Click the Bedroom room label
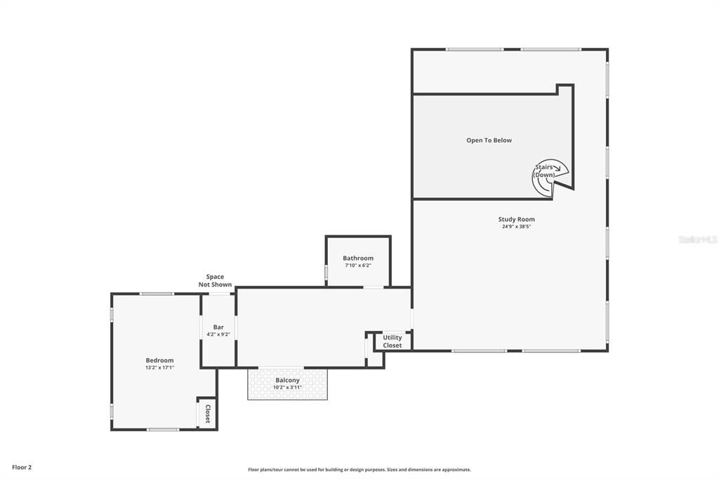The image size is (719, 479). point(159,360)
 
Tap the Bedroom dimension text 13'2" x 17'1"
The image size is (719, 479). point(159,367)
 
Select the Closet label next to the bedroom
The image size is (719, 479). point(208,413)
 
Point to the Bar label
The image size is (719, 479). point(218,327)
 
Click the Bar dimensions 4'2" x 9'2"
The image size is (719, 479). point(218,334)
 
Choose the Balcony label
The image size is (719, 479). point(287,380)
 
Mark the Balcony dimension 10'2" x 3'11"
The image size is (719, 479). point(287,387)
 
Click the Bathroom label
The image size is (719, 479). point(358,258)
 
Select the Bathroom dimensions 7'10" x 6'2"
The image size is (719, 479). point(358,265)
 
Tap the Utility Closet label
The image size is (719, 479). point(393,341)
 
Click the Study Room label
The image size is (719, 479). point(516,219)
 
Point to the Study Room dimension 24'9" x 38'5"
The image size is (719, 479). point(516,227)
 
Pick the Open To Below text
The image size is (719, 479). point(489,140)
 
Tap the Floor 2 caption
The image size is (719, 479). point(22,467)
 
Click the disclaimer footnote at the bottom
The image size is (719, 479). point(359,470)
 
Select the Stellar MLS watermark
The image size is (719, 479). point(697,240)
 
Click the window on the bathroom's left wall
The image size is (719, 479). point(326,272)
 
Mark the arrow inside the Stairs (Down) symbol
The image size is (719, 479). point(555,168)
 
